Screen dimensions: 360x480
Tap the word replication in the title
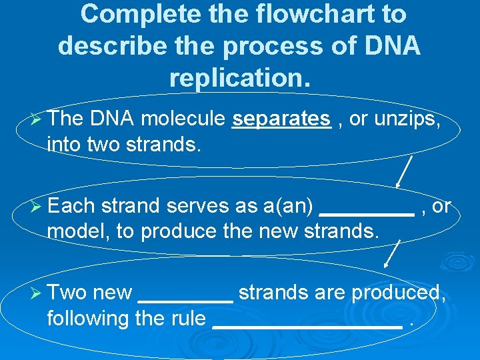[x=239, y=77]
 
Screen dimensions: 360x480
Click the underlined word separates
[x=281, y=119]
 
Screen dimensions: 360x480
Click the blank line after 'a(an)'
[x=367, y=213]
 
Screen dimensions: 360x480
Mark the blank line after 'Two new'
[x=185, y=301]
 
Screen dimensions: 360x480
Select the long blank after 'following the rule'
[x=307, y=327]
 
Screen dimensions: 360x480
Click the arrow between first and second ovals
[x=404, y=171]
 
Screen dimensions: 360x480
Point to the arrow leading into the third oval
[x=393, y=255]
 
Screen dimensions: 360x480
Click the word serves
[x=199, y=207]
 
